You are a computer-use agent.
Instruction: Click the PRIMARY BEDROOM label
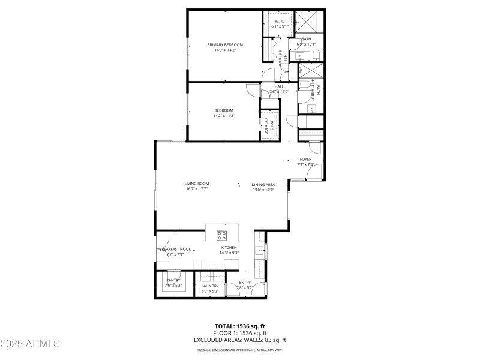pyautogui.click(x=225, y=45)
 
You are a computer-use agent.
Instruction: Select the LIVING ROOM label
pyautogui.click(x=196, y=184)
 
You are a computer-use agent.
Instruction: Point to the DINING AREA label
pyautogui.click(x=263, y=185)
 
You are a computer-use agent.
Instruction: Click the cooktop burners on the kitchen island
pyautogui.click(x=221, y=234)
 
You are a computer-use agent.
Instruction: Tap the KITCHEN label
pyautogui.click(x=229, y=248)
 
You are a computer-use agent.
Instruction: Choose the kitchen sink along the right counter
pyautogui.click(x=259, y=251)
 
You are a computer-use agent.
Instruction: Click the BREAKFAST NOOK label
pyautogui.click(x=175, y=249)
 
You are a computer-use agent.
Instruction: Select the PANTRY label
pyautogui.click(x=173, y=280)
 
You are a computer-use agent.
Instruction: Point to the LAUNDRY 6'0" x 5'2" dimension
pyautogui.click(x=210, y=291)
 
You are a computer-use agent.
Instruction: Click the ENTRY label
pyautogui.click(x=245, y=283)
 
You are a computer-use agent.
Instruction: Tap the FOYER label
pyautogui.click(x=305, y=160)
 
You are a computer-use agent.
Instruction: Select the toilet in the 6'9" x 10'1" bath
pyautogui.click(x=299, y=57)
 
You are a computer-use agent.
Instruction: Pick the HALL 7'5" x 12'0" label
pyautogui.click(x=279, y=86)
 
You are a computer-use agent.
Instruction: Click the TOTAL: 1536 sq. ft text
pyautogui.click(x=239, y=326)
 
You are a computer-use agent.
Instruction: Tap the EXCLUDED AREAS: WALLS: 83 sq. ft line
pyautogui.click(x=239, y=340)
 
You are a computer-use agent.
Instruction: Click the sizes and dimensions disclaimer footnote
pyautogui.click(x=239, y=350)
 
